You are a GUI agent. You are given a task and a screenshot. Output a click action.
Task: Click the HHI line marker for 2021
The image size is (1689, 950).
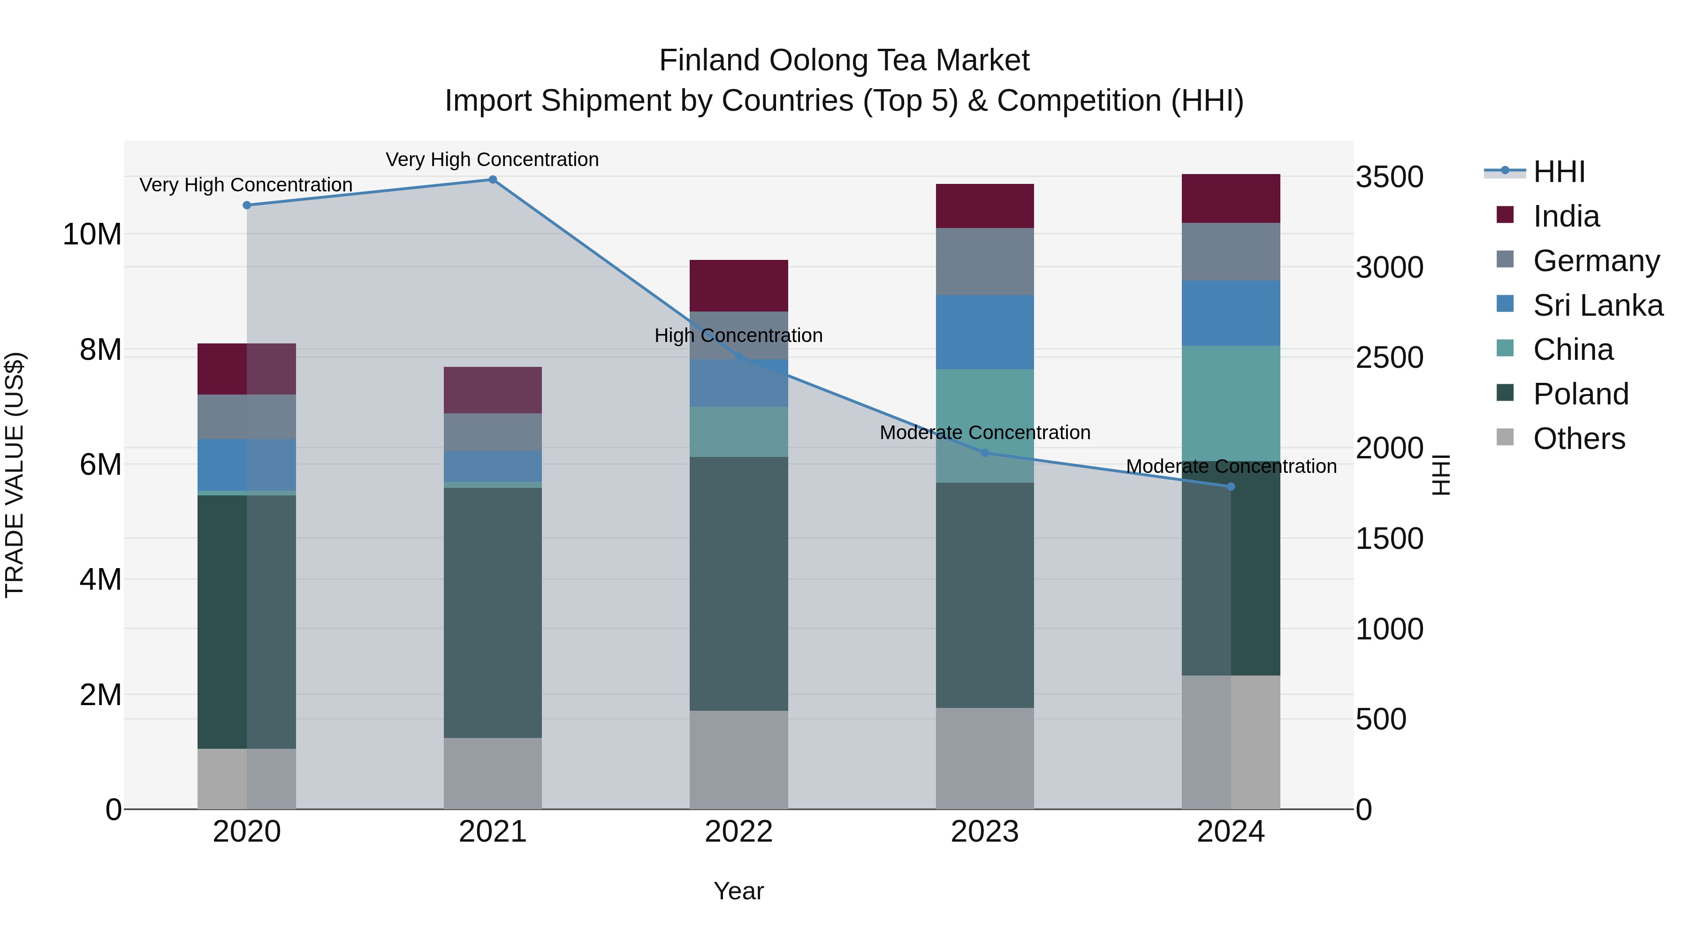[x=493, y=180]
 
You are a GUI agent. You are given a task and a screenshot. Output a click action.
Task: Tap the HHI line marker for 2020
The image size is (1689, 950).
[x=246, y=205]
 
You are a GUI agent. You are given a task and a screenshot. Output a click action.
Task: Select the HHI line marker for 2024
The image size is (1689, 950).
[x=1231, y=486]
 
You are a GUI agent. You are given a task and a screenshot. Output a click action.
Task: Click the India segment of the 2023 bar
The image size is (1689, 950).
[x=984, y=206]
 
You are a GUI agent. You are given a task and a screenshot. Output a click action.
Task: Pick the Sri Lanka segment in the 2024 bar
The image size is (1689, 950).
[x=1231, y=313]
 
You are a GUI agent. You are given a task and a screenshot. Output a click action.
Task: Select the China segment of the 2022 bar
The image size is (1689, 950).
[x=738, y=432]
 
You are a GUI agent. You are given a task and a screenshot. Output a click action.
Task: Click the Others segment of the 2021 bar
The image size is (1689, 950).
[x=493, y=773]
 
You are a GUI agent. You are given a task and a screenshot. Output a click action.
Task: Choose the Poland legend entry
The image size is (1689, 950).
[x=1580, y=394]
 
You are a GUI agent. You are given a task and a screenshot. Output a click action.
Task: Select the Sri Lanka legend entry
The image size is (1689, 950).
[x=1597, y=305]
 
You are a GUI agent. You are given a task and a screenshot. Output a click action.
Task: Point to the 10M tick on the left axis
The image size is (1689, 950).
[x=92, y=235]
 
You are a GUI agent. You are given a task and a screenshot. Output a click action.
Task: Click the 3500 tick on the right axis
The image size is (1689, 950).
[x=1389, y=177]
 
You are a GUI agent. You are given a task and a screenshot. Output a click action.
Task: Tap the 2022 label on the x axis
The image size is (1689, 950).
[x=738, y=832]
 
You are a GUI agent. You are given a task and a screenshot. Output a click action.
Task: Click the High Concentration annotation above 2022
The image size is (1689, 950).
[x=738, y=336]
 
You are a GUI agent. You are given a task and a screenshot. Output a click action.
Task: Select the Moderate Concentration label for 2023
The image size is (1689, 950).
[x=985, y=433]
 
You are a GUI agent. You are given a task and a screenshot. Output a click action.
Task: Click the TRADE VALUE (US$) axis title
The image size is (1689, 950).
[x=15, y=475]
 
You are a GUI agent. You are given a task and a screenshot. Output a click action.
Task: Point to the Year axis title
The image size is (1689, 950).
[x=738, y=891]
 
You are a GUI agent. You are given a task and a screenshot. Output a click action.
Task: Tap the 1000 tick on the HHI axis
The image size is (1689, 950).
[x=1389, y=630]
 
